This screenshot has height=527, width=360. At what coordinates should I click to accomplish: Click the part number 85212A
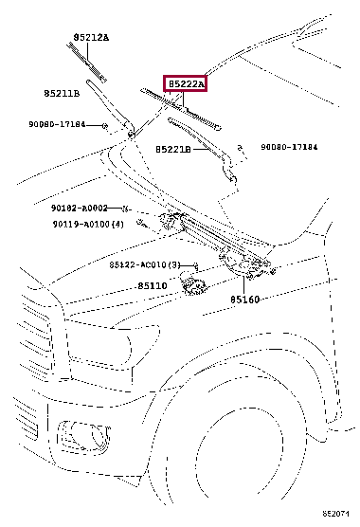pos(91,37)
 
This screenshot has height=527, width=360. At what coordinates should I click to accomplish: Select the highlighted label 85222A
pos(186,83)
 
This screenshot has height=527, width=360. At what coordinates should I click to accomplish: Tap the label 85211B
pos(62,93)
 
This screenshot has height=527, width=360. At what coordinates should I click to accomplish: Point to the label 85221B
pos(173,149)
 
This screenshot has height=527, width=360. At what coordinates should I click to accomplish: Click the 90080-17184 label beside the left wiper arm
pos(57,124)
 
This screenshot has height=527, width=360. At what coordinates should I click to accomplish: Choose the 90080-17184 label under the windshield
pos(289,147)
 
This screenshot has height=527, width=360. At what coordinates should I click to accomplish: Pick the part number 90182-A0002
pos(80,208)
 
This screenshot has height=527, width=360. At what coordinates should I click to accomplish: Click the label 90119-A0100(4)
pos(88,224)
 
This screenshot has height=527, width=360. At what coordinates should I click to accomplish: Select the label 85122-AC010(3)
pos(145,264)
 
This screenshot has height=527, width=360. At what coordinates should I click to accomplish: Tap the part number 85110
pos(153,286)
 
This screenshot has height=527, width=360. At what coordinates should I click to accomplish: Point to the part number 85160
pos(244,300)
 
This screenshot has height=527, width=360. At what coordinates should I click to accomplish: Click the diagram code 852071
pos(335,514)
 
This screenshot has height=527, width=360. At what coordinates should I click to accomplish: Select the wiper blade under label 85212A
pos(86,63)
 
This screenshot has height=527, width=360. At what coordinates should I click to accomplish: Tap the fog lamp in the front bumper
pos(84,437)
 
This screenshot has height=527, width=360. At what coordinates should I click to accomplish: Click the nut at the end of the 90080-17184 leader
pos(105,126)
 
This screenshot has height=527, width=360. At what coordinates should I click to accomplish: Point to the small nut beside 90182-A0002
pos(125,209)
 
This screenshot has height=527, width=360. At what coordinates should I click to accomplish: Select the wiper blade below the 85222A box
pos(181,109)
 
